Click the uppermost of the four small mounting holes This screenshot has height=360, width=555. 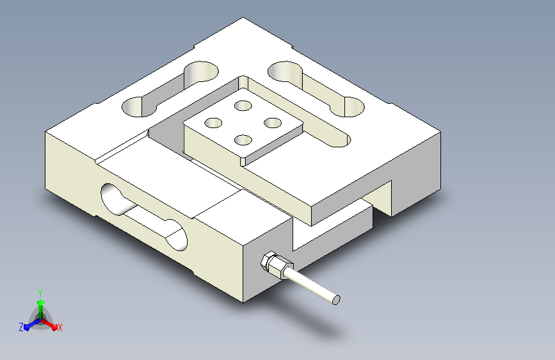coord(243,106)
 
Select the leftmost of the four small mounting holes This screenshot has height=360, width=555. coord(213,123)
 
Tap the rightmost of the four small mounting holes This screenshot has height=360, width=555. coord(273,123)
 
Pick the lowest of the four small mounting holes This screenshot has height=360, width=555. coord(243,140)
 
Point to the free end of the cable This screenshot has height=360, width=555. coord(336,300)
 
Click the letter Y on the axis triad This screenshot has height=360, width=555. coord(40,293)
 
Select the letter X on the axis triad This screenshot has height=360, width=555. coord(60,328)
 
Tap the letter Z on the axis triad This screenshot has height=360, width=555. coord(21,327)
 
